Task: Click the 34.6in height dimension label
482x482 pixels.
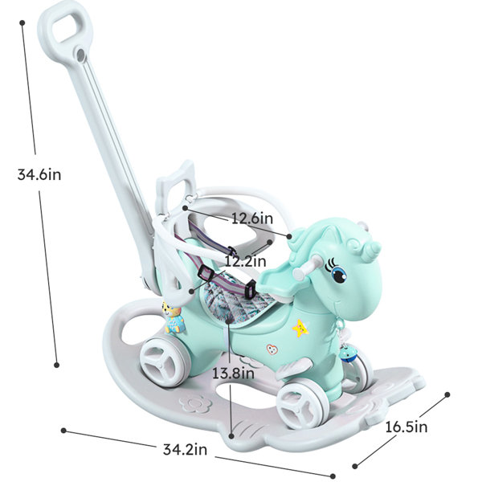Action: point(39,174)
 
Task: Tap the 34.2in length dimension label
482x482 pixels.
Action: point(185,449)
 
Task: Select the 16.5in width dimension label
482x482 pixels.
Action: point(406,427)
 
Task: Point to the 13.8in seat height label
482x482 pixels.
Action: point(233,374)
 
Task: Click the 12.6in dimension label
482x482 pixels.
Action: point(252,219)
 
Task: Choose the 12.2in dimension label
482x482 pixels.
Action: point(245,262)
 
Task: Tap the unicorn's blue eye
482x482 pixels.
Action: point(340,275)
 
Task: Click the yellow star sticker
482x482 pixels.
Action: point(300,329)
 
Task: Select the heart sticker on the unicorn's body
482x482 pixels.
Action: point(272,349)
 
